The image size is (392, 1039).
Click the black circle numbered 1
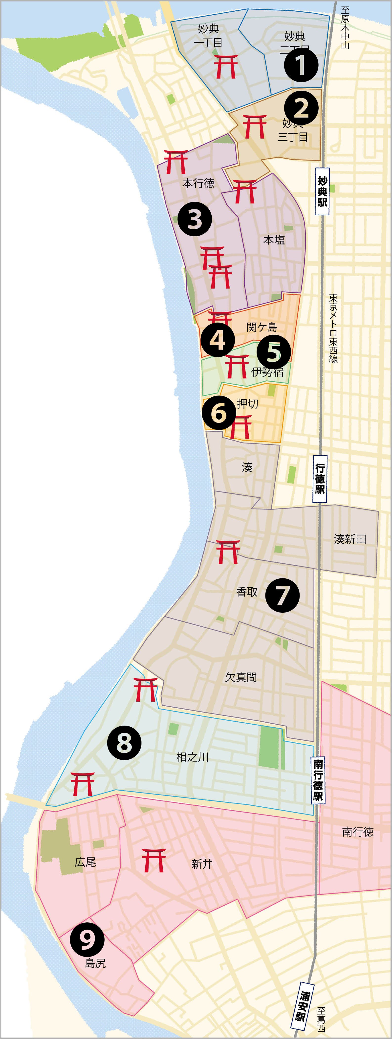tap(301, 65)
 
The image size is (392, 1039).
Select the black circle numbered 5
tap(273, 351)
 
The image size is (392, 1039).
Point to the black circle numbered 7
tap(282, 595)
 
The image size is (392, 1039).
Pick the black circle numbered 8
tap(124, 743)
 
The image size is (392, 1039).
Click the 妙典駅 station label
tap(322, 191)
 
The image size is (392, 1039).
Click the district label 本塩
tap(274, 240)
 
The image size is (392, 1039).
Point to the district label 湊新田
tap(350, 539)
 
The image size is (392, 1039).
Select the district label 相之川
tap(192, 757)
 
